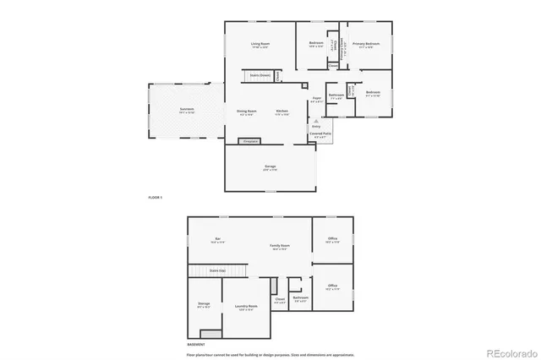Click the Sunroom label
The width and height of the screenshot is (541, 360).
click(x=187, y=110)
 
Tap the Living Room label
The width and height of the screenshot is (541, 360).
click(x=260, y=43)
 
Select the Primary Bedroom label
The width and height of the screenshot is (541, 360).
click(x=366, y=43)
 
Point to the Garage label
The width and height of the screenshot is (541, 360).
click(x=270, y=166)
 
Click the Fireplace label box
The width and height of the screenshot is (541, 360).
click(x=250, y=141)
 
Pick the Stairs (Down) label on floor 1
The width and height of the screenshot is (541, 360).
click(x=260, y=74)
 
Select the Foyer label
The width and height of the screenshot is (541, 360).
click(x=317, y=99)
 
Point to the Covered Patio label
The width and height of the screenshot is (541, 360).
click(x=320, y=134)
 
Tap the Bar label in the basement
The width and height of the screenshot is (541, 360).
click(x=217, y=240)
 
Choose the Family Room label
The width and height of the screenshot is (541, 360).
click(x=281, y=246)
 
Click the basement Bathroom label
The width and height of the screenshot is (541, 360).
click(x=300, y=297)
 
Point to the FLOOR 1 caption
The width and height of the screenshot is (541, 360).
click(x=155, y=197)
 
